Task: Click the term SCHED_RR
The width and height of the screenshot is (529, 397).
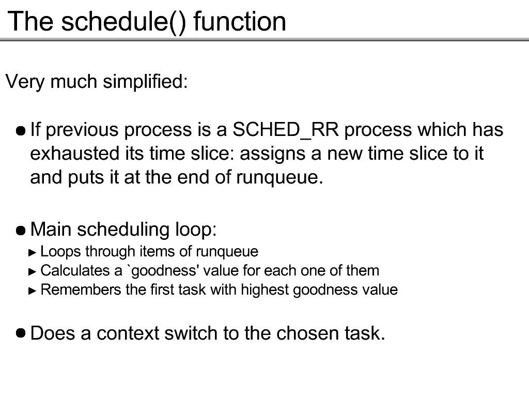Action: point(286,130)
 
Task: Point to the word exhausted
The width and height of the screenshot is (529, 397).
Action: point(75,154)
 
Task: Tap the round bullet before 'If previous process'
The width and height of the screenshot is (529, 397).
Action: point(21,131)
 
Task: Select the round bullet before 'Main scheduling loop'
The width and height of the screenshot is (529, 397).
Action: point(21,231)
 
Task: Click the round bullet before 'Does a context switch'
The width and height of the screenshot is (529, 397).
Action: point(21,333)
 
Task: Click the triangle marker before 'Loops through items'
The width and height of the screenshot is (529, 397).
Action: point(33,252)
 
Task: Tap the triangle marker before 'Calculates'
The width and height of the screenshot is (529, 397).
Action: point(33,272)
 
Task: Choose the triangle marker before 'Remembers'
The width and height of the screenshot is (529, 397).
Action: point(33,291)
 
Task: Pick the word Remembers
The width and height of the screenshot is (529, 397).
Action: point(81,290)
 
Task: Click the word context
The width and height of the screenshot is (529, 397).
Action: point(128,333)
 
